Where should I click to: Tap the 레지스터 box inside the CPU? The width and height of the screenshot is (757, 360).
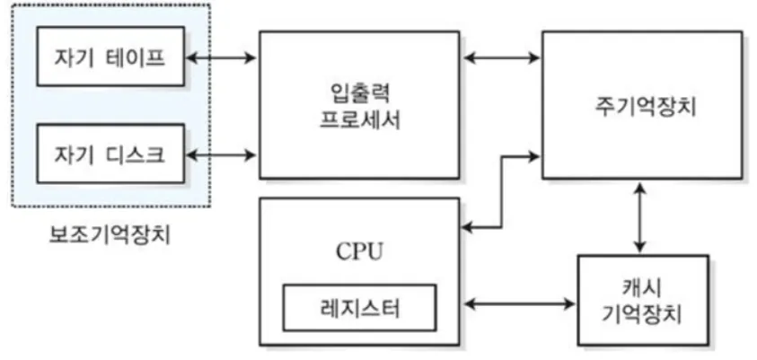(358, 308)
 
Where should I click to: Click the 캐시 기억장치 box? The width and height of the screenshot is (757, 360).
(643, 302)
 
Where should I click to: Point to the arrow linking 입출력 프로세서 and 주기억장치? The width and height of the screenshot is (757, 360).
(502, 60)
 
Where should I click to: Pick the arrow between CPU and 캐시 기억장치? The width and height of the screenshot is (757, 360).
(518, 303)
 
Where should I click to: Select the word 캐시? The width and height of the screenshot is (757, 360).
(643, 289)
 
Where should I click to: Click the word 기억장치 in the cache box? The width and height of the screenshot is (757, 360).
(643, 316)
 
